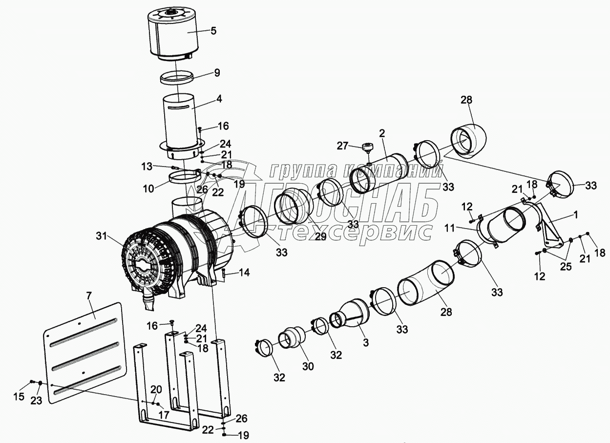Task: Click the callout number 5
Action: coord(213,31)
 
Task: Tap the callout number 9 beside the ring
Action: coord(217,73)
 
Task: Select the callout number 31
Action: coord(101,236)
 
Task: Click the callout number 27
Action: coord(342,146)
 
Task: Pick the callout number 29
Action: coord(320,236)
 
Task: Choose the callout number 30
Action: coord(308,366)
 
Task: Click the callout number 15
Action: coord(19,397)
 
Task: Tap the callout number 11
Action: coord(450,228)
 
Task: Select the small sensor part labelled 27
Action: coord(368,149)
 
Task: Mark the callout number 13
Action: coord(147,167)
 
